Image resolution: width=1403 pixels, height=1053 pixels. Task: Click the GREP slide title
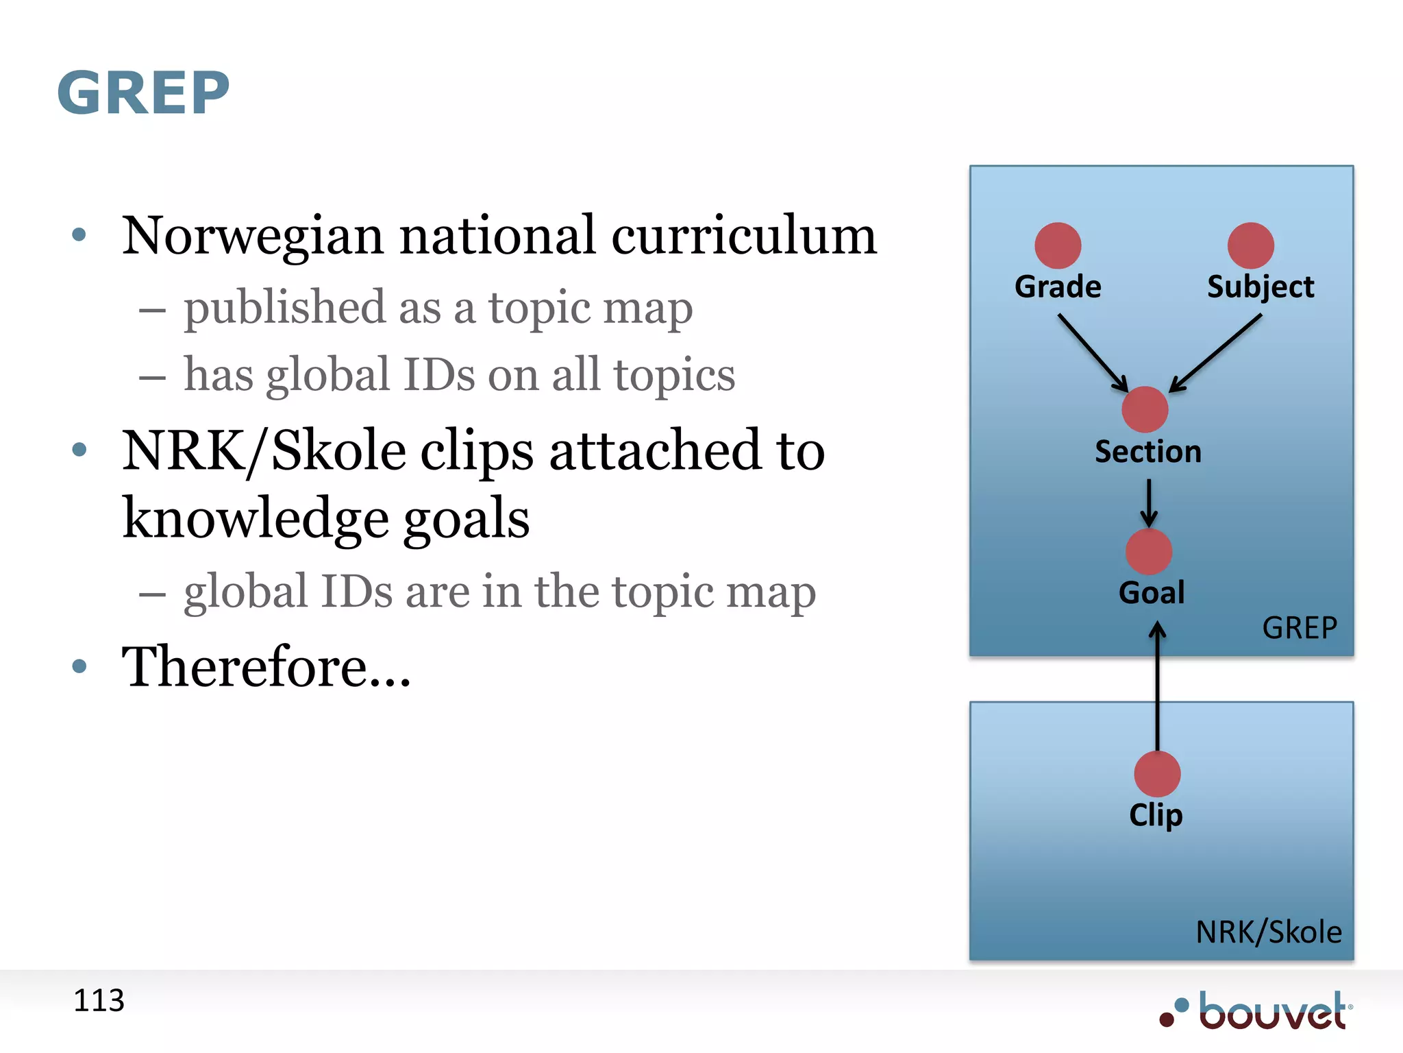click(x=143, y=93)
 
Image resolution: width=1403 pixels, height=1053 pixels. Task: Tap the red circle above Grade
click(x=1058, y=245)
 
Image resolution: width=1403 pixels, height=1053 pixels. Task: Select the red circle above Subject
click(x=1250, y=245)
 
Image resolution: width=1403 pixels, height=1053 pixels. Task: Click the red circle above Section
click(x=1145, y=409)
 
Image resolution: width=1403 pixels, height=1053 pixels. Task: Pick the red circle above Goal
click(x=1149, y=552)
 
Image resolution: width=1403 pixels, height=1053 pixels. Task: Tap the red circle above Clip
click(x=1157, y=774)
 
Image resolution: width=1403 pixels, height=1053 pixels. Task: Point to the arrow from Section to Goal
click(x=1149, y=503)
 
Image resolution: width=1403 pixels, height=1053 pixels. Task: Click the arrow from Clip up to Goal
click(x=1157, y=686)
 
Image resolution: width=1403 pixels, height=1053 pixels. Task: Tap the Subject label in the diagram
click(x=1261, y=287)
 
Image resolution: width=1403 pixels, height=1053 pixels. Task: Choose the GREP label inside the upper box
click(x=1300, y=628)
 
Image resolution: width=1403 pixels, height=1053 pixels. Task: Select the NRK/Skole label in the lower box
click(x=1269, y=932)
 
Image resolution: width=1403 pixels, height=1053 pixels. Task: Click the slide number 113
click(x=99, y=1000)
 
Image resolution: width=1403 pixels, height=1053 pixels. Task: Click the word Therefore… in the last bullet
click(x=266, y=667)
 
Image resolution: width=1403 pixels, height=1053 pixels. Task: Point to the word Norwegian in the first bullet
click(x=252, y=237)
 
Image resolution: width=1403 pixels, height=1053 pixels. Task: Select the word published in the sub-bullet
click(x=284, y=308)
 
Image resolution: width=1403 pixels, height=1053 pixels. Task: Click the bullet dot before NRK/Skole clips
click(x=79, y=450)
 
